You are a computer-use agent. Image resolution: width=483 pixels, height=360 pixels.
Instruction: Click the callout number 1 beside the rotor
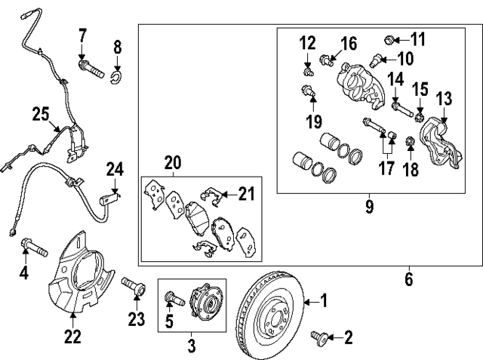(x=325, y=302)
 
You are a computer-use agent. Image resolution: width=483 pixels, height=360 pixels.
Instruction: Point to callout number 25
(x=40, y=114)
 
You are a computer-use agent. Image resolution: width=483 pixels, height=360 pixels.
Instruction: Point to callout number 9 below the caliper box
(x=369, y=205)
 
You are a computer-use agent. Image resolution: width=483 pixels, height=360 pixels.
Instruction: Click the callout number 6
(x=408, y=278)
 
